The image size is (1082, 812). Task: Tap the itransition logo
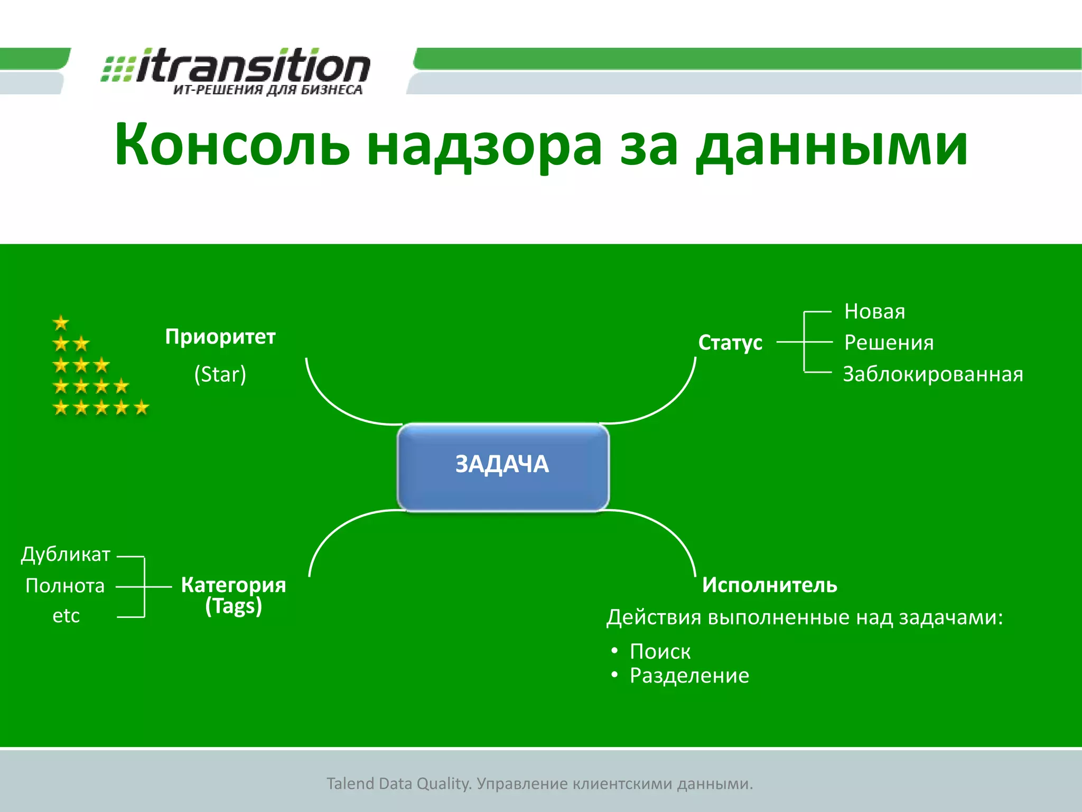tap(236, 71)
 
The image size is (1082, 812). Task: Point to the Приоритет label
tap(220, 337)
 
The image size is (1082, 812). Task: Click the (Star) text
tap(220, 374)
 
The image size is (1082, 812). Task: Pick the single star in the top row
tap(61, 322)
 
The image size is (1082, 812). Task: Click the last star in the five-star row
tap(142, 408)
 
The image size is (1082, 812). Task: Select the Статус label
tap(730, 343)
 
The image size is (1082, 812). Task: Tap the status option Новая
tap(874, 311)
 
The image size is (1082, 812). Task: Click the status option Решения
tap(889, 343)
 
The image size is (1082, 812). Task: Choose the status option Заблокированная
tap(932, 374)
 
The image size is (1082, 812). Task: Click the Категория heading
tap(233, 585)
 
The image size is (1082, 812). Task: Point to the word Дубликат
tap(66, 554)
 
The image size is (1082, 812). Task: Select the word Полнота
tap(65, 586)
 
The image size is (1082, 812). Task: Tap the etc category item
tap(66, 616)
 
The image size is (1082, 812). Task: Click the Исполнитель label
tap(769, 585)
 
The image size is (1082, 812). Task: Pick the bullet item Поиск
tap(660, 651)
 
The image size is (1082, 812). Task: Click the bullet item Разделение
tap(689, 676)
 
